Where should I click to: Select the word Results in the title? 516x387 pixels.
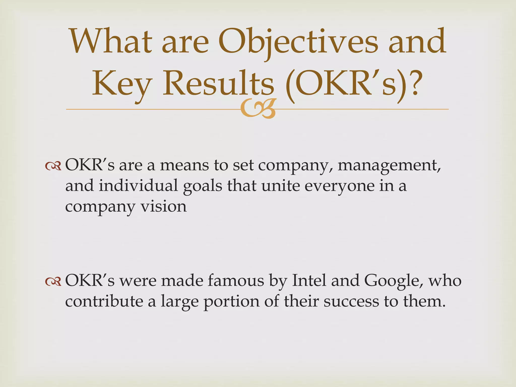pos(218,83)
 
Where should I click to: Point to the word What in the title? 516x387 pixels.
pos(111,41)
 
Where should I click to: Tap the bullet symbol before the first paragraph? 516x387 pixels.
pos(53,166)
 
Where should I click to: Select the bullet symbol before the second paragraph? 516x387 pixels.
pos(53,281)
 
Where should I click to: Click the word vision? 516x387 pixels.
pos(164,206)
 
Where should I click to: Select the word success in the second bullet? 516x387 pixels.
pos(351,301)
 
